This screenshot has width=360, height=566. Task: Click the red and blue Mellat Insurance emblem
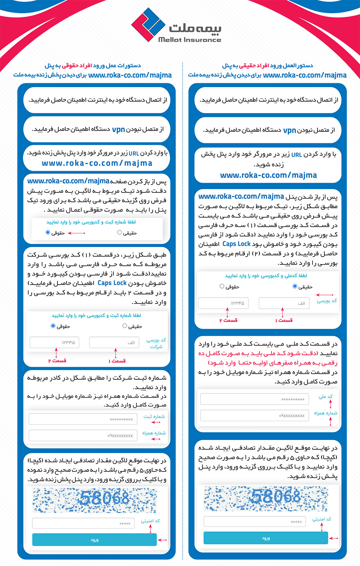pyautogui.click(x=148, y=24)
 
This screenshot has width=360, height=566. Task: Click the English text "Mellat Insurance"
pyautogui.click(x=190, y=40)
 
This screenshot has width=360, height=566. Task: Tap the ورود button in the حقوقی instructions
pyautogui.click(x=94, y=540)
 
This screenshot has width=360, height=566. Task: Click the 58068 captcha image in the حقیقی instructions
pyautogui.click(x=266, y=499)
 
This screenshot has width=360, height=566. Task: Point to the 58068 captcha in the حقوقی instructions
pyautogui.click(x=95, y=500)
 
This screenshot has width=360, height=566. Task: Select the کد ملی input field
pyautogui.click(x=255, y=399)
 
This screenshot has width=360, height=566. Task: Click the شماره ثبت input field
pyautogui.click(x=83, y=419)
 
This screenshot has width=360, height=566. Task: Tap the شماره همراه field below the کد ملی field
pyautogui.click(x=255, y=415)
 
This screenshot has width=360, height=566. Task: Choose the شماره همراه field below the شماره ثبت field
pyautogui.click(x=83, y=436)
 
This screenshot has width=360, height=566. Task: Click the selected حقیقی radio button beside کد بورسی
pyautogui.click(x=295, y=286)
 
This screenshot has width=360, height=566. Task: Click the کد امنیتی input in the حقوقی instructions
pyautogui.click(x=83, y=523)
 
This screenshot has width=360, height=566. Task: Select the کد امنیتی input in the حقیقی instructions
pyautogui.click(x=255, y=521)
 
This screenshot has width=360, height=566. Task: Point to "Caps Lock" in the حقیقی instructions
pyautogui.click(x=236, y=244)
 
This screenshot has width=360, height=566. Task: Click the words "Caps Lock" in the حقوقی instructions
pyautogui.click(x=112, y=283)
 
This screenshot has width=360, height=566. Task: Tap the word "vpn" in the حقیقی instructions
pyautogui.click(x=289, y=130)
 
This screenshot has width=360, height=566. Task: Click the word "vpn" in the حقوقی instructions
pyautogui.click(x=118, y=129)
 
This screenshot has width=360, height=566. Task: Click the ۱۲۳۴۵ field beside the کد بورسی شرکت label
pyautogui.click(x=54, y=342)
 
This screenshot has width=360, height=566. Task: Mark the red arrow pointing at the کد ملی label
pyautogui.click(x=330, y=404)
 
